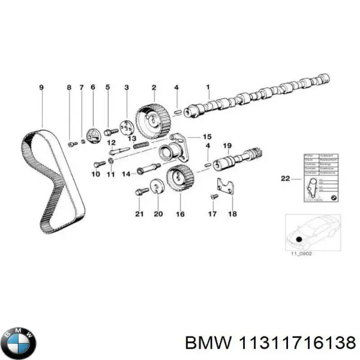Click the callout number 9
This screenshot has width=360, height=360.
click(x=42, y=88)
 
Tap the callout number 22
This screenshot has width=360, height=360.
click(x=284, y=178)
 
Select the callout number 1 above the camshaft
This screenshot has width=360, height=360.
click(x=207, y=88)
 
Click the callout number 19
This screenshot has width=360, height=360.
click(x=227, y=146)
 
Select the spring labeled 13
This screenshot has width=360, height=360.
click(x=140, y=146)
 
